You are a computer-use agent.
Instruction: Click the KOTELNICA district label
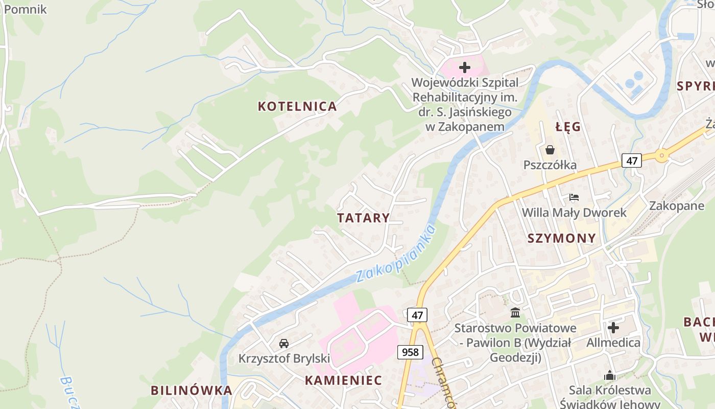[x=297, y=106]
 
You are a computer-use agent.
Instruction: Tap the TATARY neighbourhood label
[x=363, y=218]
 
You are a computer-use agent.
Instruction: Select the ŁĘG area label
[x=568, y=127]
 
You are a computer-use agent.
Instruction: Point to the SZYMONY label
[x=561, y=238]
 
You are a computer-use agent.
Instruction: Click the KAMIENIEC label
[x=343, y=380]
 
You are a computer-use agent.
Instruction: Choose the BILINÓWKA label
[x=191, y=391]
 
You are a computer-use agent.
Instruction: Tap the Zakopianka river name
[x=396, y=254]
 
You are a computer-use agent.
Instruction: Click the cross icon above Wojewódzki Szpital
[x=464, y=67]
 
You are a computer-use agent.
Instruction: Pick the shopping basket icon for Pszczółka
[x=550, y=150]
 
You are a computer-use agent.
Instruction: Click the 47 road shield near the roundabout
[x=632, y=161]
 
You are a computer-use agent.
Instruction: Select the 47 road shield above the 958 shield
[x=417, y=315]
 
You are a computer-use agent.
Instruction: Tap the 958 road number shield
[x=410, y=352]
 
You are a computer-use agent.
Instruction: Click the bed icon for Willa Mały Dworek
[x=574, y=197]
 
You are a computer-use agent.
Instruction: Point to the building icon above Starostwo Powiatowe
[x=515, y=312]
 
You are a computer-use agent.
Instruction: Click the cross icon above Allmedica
[x=613, y=327]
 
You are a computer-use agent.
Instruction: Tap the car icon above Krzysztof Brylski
[x=284, y=343]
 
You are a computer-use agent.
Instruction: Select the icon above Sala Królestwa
[x=610, y=376]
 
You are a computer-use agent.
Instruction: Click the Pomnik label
[x=25, y=9]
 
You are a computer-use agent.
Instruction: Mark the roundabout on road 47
[x=662, y=154]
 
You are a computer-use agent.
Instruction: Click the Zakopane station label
[x=676, y=206]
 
